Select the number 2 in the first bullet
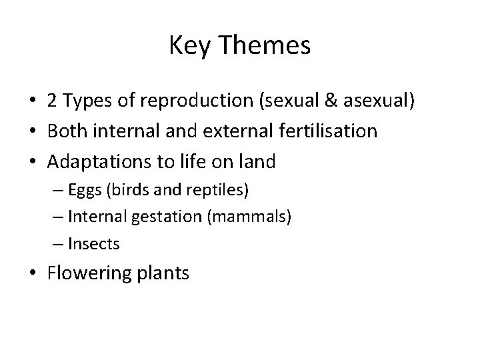tap(51, 102)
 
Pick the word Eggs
tap(97, 191)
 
